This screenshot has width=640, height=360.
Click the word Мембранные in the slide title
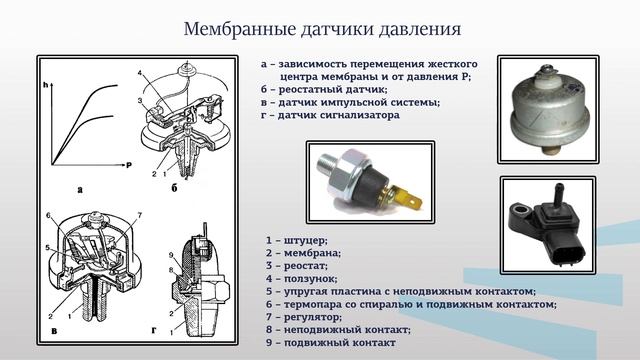pos(240,29)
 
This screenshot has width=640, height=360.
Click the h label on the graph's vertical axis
pos(46,85)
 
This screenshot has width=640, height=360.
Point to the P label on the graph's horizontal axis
pos(129,165)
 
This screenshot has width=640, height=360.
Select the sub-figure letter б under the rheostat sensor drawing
pos(174,188)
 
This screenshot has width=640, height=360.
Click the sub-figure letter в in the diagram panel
pos(54,331)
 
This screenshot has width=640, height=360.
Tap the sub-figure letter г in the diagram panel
pos(154,331)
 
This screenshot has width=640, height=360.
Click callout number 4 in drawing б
pos(140,73)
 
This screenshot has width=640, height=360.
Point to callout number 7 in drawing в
pos(140,215)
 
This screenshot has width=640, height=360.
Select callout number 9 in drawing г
pos(171,256)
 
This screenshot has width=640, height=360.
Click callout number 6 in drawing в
pos(48,216)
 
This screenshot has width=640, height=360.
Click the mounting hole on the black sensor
pos(522,211)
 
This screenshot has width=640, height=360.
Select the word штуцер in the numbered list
pos(305,241)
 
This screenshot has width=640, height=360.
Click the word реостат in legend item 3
pos(305,266)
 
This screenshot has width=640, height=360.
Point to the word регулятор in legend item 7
pos(313,317)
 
